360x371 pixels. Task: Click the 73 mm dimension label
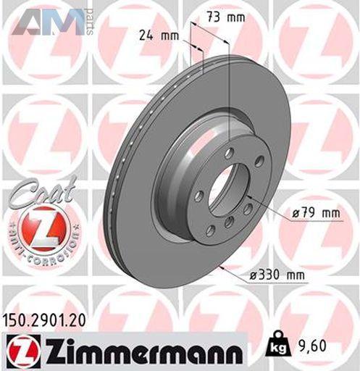226,17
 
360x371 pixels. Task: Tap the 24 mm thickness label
159,36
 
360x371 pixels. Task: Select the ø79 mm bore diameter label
316,213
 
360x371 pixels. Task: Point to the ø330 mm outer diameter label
277,275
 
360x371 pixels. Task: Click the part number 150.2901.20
44,320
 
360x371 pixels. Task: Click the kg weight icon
277,346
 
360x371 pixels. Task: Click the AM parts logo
52,22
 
